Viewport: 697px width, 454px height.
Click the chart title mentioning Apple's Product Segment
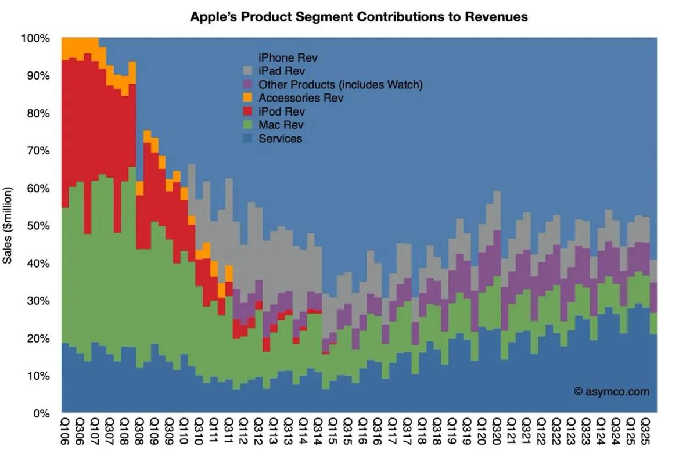pyautogui.click(x=359, y=17)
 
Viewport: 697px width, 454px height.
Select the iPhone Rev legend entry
pyautogui.click(x=288, y=58)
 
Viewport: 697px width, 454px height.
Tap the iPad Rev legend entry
pyautogui.click(x=283, y=71)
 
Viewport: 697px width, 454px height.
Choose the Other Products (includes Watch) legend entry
pyautogui.click(x=340, y=85)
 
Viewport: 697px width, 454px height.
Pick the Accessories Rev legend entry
pyautogui.click(x=301, y=98)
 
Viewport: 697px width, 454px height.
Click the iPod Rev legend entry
pyautogui.click(x=281, y=111)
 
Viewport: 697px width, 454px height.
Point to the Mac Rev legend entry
pyautogui.click(x=281, y=125)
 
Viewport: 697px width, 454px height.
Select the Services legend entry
pyautogui.click(x=280, y=138)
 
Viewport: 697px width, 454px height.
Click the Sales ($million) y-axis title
pyautogui.click(x=8, y=225)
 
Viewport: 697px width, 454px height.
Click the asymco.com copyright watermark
pyautogui.click(x=612, y=392)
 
